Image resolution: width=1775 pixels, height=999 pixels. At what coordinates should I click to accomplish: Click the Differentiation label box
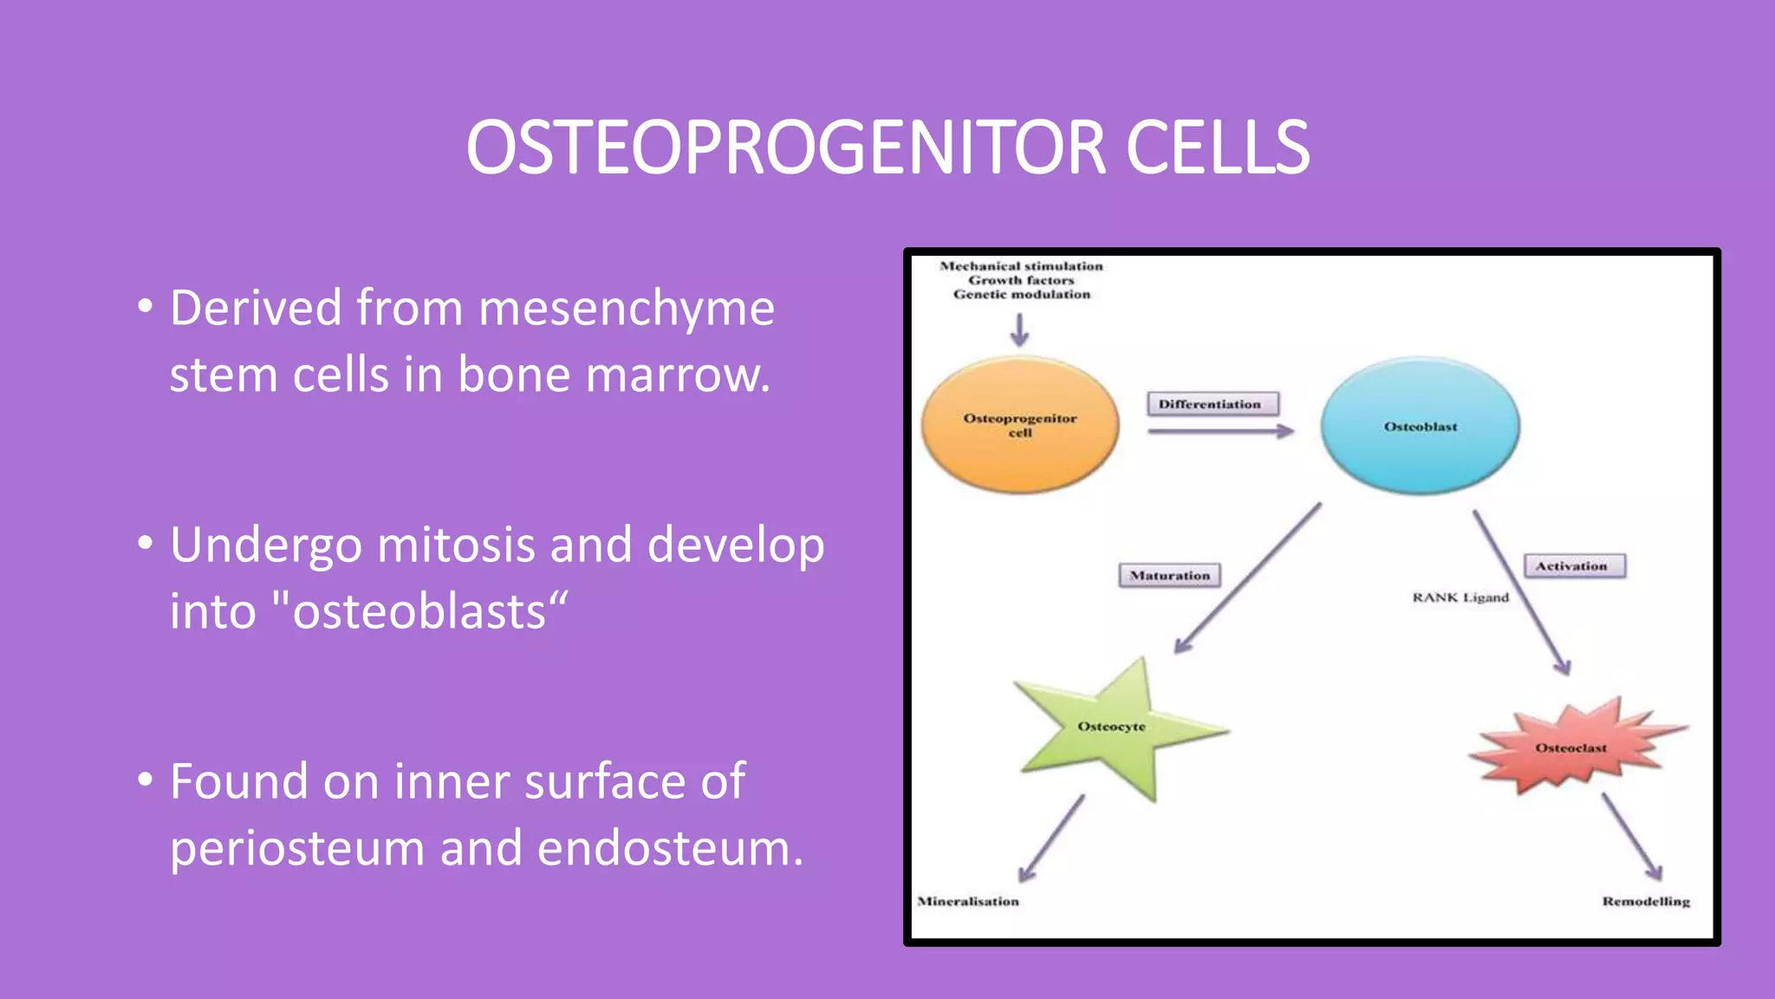1211,404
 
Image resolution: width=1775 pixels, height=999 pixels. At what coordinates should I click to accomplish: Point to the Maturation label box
1169,575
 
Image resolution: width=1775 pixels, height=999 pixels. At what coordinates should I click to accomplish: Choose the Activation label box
1573,566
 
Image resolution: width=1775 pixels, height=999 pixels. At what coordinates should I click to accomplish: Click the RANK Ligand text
1460,597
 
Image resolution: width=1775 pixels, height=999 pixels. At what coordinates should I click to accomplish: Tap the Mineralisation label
968,902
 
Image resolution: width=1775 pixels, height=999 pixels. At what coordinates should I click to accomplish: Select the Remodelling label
1646,902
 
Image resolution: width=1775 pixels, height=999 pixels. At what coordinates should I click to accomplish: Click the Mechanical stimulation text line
1021,266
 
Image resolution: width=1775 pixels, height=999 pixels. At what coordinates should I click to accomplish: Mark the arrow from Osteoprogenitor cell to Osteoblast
1220,431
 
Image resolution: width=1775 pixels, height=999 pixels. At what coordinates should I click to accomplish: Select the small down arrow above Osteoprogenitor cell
1019,330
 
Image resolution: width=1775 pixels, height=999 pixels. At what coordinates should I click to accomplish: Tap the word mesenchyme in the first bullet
626,308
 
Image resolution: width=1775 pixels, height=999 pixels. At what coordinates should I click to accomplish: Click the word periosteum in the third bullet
297,848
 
